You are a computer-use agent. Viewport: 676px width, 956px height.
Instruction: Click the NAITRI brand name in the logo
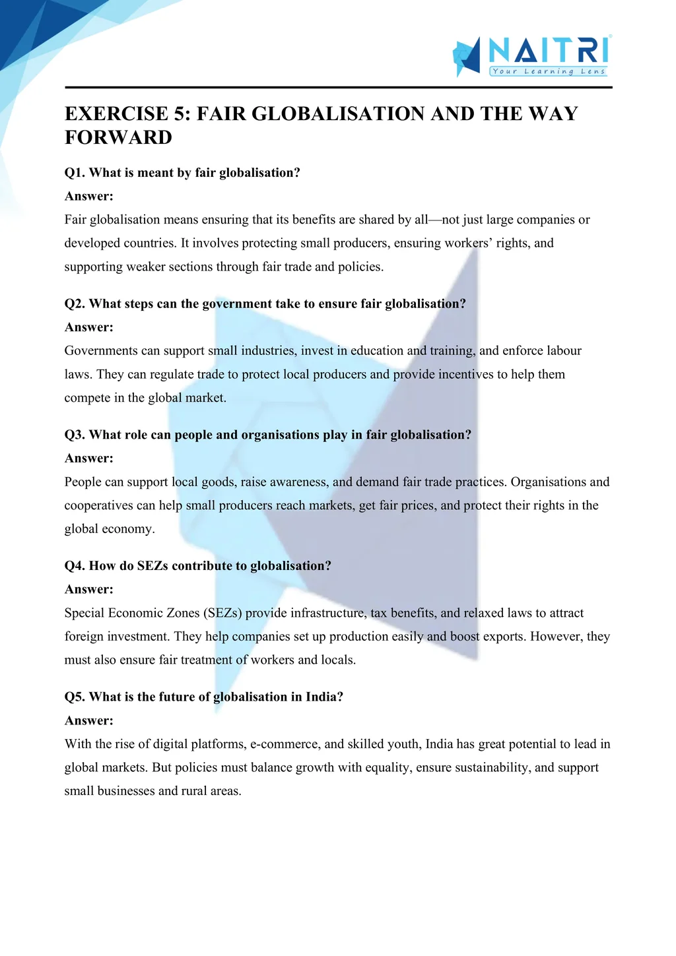click(x=549, y=50)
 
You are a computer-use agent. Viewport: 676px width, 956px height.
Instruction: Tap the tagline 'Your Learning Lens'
click(x=549, y=71)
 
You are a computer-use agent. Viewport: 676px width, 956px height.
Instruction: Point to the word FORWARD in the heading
click(x=118, y=137)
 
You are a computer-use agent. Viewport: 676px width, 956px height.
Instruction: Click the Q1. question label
click(x=75, y=173)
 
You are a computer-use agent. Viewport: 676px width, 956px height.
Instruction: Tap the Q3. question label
click(x=75, y=435)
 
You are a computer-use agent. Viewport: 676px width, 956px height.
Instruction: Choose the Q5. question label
click(x=75, y=697)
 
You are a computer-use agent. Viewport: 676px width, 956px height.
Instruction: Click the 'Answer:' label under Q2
click(x=89, y=327)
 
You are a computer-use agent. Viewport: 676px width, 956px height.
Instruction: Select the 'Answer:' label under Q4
click(x=89, y=589)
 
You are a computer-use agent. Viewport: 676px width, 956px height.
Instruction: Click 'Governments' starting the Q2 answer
click(x=101, y=351)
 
